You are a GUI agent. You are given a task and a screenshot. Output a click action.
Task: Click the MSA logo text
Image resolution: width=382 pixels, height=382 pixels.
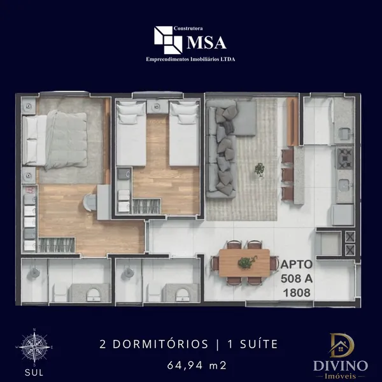click(x=206, y=43)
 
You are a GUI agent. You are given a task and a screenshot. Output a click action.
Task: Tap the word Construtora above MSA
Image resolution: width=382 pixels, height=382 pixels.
click(x=188, y=29)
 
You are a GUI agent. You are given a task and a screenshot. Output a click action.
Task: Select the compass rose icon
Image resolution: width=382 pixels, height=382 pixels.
click(x=34, y=346)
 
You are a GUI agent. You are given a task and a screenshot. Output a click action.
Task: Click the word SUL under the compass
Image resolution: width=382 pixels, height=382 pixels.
click(x=34, y=372)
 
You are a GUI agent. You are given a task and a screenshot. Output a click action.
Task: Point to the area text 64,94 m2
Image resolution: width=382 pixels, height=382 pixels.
click(x=197, y=365)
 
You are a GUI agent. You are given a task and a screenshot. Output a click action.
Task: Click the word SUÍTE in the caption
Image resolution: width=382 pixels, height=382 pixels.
click(x=258, y=344)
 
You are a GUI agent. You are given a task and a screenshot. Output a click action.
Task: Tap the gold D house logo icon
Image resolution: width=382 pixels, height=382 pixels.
click(x=341, y=346)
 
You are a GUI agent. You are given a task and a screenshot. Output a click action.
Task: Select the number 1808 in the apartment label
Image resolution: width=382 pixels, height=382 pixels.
click(x=297, y=293)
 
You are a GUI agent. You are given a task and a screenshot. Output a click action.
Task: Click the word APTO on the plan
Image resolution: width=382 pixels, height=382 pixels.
click(x=297, y=264)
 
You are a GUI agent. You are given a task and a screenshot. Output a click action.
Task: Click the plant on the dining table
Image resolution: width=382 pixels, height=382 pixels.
click(x=246, y=262)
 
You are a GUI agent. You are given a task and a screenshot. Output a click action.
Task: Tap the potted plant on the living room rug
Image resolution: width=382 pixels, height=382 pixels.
click(x=260, y=170)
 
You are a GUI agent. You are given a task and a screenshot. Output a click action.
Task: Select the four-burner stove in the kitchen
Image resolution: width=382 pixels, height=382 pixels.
click(x=344, y=158)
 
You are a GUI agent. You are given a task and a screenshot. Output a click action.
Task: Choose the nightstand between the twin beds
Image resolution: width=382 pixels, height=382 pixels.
click(x=157, y=106)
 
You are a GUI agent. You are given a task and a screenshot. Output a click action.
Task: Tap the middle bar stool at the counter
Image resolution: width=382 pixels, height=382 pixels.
click(x=288, y=174)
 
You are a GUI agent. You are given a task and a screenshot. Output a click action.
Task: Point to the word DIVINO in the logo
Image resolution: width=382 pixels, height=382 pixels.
click(x=341, y=366)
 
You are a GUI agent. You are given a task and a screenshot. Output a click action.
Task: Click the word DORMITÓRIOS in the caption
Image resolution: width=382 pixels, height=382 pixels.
click(x=160, y=344)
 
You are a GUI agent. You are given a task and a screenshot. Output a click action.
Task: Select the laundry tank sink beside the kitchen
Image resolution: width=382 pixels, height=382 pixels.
click(x=344, y=133)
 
